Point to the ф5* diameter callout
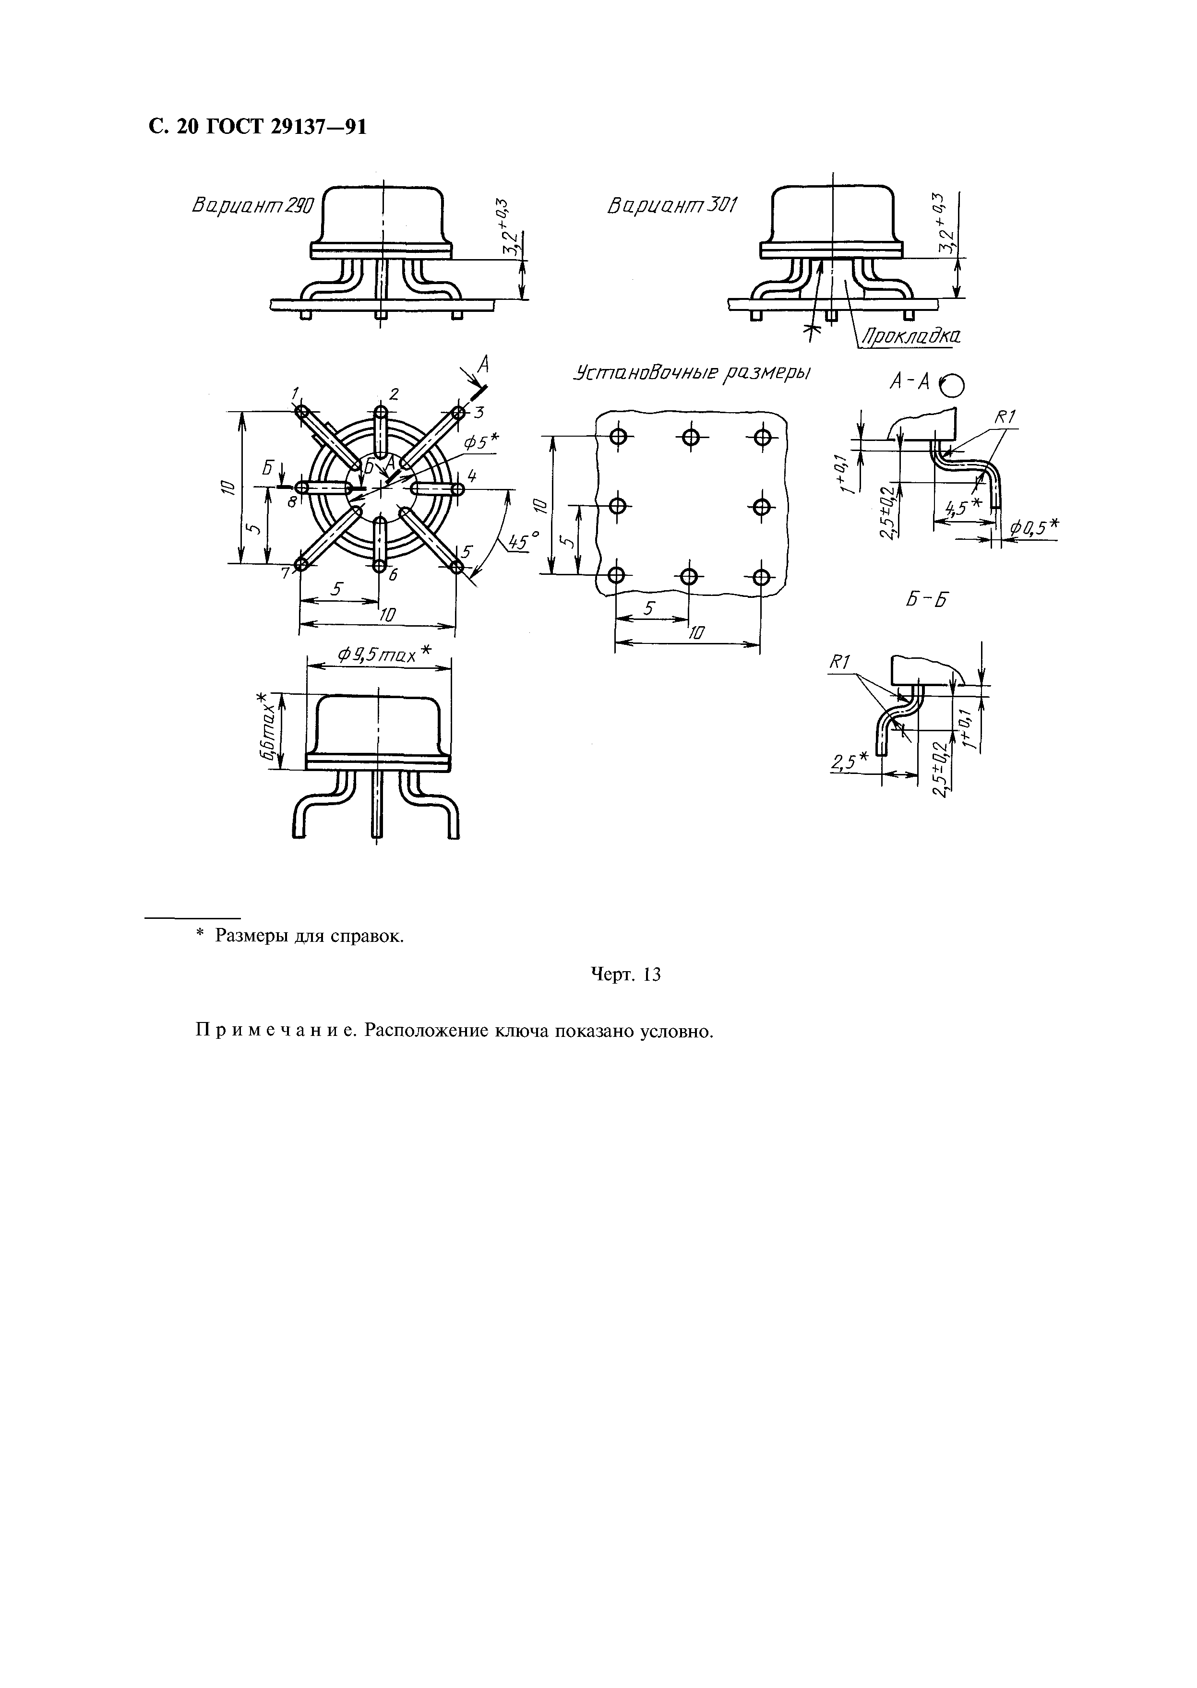(x=480, y=441)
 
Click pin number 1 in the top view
(x=294, y=392)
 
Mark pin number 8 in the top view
(x=292, y=502)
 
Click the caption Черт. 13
(x=626, y=975)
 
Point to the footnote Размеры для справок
(x=309, y=936)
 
